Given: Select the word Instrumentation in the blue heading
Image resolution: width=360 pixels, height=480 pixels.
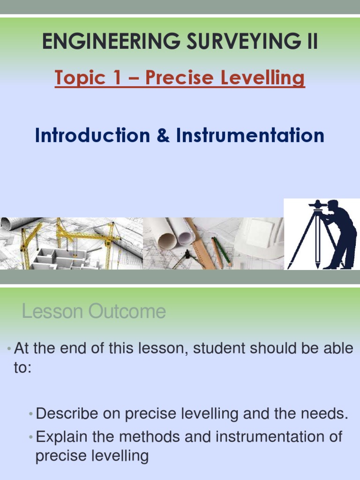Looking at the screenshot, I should tap(250, 136).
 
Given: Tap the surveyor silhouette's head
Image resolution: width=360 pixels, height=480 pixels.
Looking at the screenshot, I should tap(332, 205).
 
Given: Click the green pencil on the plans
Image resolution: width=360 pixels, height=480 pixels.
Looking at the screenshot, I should tap(223, 251).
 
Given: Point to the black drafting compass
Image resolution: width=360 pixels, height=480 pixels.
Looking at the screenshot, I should tap(186, 258).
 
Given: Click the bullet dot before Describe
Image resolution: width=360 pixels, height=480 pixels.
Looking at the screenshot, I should tap(30, 414).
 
